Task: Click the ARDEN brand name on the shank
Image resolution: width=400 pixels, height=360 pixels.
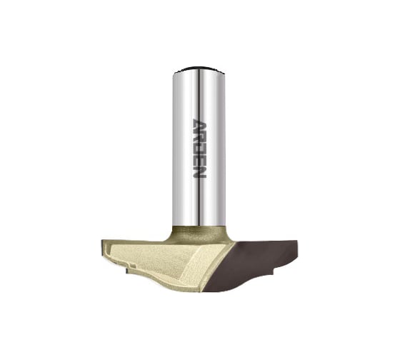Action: click(x=199, y=149)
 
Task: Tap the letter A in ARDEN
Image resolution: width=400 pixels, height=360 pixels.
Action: click(x=199, y=125)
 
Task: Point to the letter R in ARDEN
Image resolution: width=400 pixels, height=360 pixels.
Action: click(x=199, y=137)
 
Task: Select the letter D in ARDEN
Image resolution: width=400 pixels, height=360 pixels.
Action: click(x=199, y=149)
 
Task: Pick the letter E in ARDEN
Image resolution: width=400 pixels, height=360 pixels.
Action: click(x=199, y=160)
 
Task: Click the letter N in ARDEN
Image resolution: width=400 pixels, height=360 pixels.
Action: click(x=199, y=172)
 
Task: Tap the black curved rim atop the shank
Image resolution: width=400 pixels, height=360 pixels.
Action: click(x=199, y=69)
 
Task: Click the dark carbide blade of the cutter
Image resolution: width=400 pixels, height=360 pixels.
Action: click(x=253, y=265)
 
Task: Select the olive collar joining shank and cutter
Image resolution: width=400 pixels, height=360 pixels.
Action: click(x=199, y=234)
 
